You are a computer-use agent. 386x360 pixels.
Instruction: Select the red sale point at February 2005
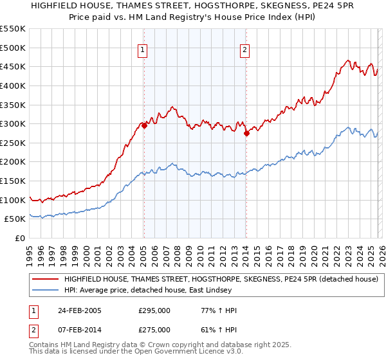click(144, 126)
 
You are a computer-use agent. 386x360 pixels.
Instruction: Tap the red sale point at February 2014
click(246, 134)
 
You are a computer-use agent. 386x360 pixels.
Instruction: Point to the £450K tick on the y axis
click(13, 66)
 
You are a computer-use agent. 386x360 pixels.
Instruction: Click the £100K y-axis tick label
click(13, 200)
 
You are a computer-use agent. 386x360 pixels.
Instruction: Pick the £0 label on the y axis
click(20, 238)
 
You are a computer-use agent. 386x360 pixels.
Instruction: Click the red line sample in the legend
click(46, 279)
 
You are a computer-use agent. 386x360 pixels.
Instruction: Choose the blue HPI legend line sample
click(46, 291)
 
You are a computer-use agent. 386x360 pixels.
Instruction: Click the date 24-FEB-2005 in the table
click(82, 310)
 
